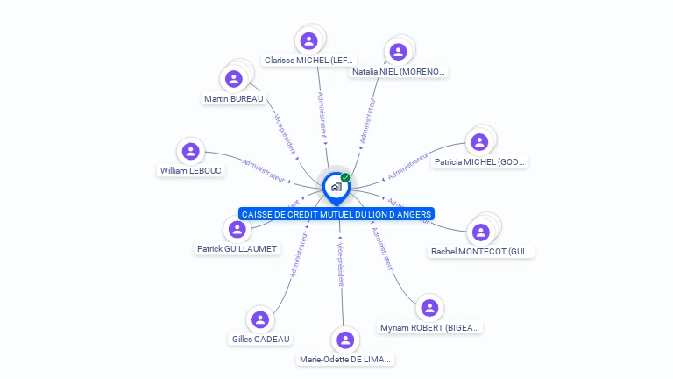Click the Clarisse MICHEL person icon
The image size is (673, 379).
[x=308, y=40]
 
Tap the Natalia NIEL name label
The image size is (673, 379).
[x=398, y=72]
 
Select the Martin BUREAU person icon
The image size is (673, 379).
[x=234, y=79]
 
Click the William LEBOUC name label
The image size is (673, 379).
[x=191, y=171]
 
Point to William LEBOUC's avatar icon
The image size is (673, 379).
[x=191, y=151]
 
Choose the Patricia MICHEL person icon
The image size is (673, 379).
[x=478, y=142]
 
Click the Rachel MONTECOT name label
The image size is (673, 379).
[x=482, y=252]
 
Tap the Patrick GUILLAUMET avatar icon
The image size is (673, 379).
[x=237, y=229]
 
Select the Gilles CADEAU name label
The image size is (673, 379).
[x=260, y=340]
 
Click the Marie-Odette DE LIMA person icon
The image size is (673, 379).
[x=347, y=340]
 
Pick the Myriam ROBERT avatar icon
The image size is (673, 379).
[x=429, y=308]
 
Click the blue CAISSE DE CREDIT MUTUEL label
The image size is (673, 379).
[x=336, y=214]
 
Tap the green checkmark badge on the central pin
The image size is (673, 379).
[x=345, y=177]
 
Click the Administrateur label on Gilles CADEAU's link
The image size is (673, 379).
[x=298, y=255]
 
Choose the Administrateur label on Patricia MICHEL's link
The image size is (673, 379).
[x=407, y=165]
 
